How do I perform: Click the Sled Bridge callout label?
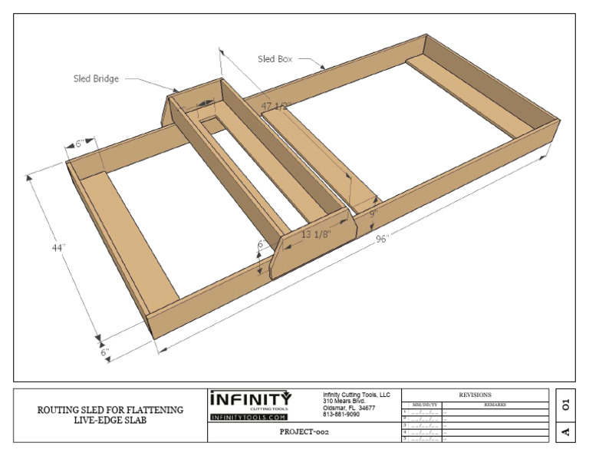(96, 78)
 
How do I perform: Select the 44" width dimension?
(58, 249)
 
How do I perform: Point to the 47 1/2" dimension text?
(276, 106)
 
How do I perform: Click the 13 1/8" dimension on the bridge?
(315, 235)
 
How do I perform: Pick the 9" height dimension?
(373, 215)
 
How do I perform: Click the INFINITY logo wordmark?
(251, 400)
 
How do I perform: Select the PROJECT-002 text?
(304, 432)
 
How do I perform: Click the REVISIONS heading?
(475, 395)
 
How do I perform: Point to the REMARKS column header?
(495, 405)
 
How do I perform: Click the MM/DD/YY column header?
(424, 405)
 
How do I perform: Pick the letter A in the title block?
(566, 431)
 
